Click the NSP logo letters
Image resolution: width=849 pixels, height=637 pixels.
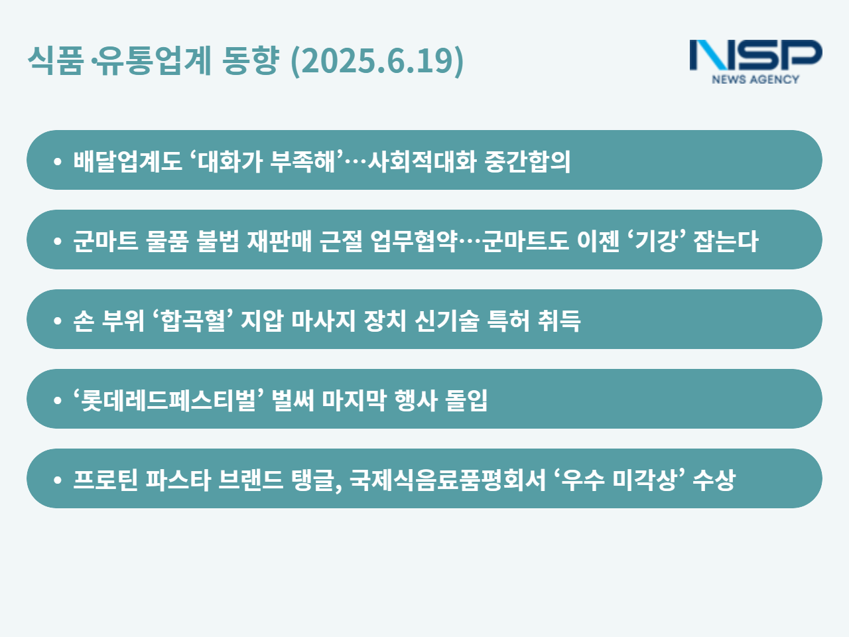click(x=755, y=55)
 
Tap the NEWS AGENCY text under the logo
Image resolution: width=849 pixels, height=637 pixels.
click(x=755, y=79)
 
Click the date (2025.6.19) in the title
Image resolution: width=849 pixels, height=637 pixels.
click(x=377, y=61)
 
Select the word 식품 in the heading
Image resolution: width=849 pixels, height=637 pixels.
click(x=56, y=60)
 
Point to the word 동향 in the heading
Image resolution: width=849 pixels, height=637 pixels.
click(x=251, y=60)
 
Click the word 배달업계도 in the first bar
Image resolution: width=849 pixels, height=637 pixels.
click(x=127, y=161)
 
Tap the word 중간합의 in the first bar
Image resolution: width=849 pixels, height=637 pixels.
click(x=527, y=161)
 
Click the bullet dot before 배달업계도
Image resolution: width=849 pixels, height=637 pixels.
click(x=58, y=161)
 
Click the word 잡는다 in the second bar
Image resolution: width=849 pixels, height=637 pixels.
click(x=726, y=241)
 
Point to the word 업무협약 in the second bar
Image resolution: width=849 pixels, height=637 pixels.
click(x=414, y=241)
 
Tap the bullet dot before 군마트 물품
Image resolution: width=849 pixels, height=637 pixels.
click(x=58, y=241)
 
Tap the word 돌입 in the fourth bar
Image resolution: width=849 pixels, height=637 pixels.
click(x=466, y=400)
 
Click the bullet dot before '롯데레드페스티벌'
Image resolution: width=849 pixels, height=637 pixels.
click(x=58, y=400)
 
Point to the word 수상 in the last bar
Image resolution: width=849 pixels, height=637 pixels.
click(x=714, y=480)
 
